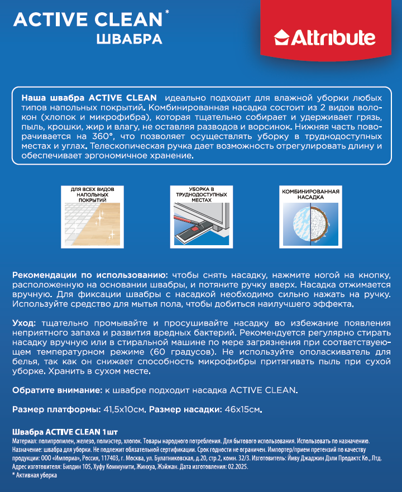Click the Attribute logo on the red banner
click(x=325, y=38)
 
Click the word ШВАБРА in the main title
click(x=129, y=39)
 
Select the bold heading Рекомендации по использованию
click(x=89, y=275)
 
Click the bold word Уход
click(x=24, y=323)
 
